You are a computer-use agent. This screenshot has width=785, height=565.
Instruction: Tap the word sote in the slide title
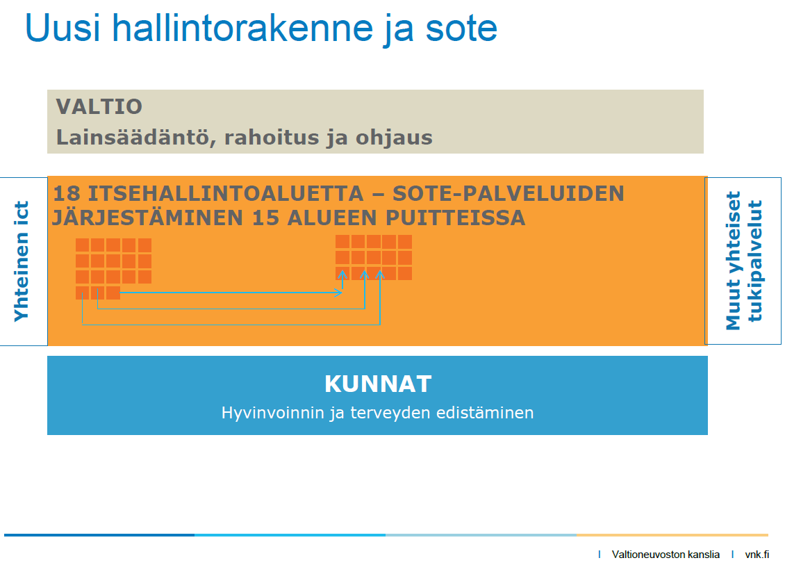[461, 28]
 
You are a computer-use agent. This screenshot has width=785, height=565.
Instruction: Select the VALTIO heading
[99, 107]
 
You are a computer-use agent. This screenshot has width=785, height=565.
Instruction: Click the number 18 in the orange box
[66, 193]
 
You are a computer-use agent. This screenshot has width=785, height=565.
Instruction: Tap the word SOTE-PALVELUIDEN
[508, 193]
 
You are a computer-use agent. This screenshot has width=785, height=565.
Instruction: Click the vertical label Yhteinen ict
[22, 261]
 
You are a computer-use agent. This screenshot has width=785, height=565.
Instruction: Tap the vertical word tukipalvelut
[754, 261]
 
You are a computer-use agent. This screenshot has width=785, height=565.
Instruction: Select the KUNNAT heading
[378, 384]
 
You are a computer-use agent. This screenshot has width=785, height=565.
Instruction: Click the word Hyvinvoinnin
[273, 413]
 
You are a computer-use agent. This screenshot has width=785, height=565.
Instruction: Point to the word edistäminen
[485, 413]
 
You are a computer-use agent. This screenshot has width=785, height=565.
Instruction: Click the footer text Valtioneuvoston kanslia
[666, 555]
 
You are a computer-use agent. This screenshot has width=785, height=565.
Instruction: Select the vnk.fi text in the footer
[757, 555]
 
